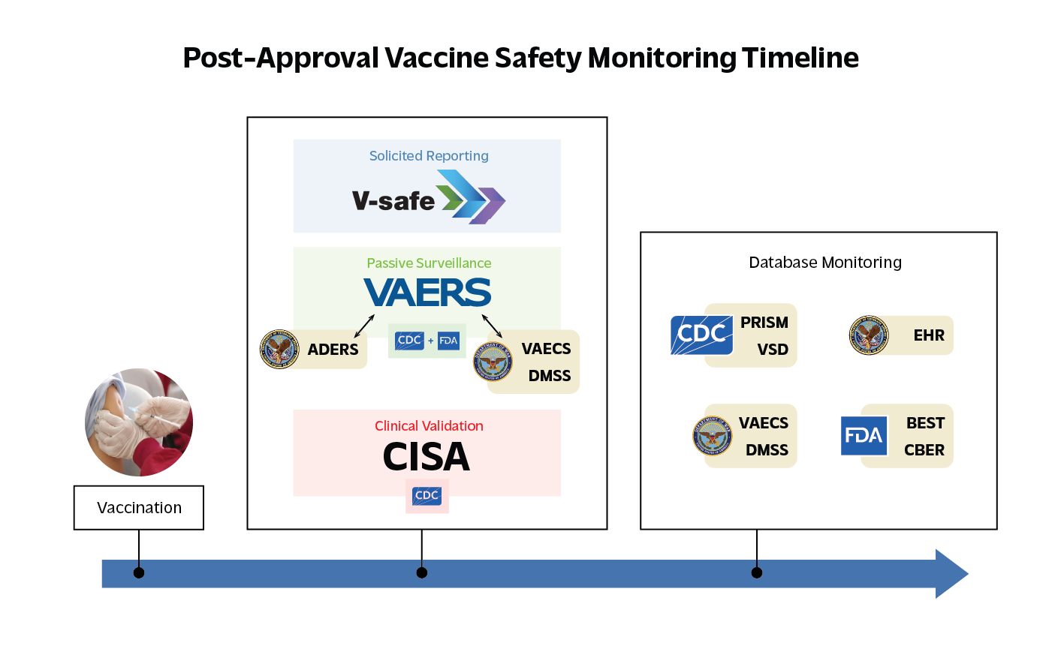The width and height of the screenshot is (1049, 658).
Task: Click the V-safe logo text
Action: (x=393, y=201)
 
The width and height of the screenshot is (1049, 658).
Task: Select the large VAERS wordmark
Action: (x=427, y=293)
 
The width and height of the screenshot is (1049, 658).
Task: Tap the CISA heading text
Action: (x=427, y=457)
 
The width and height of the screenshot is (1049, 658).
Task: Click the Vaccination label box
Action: (x=139, y=508)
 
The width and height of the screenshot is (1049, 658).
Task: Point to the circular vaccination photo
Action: (x=139, y=422)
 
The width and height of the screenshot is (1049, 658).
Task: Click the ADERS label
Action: (x=333, y=350)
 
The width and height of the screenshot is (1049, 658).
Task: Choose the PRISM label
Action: (x=764, y=323)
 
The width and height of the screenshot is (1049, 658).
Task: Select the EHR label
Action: (x=929, y=335)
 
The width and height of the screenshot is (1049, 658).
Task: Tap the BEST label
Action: (x=925, y=423)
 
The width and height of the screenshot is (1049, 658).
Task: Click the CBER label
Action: (x=924, y=450)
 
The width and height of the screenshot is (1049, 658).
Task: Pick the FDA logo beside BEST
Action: (x=864, y=436)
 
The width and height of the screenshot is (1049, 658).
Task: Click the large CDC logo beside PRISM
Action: (x=701, y=335)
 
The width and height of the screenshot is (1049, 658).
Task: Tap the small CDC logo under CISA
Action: (x=427, y=495)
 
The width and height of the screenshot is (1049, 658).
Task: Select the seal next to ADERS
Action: (x=279, y=349)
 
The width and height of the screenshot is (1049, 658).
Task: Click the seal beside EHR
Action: (x=869, y=335)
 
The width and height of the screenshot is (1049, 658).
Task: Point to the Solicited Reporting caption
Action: (x=429, y=156)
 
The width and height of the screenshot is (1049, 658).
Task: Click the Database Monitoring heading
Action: (x=825, y=263)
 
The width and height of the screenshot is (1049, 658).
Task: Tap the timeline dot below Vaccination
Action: (x=139, y=573)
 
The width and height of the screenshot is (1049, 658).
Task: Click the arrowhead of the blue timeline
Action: (x=951, y=574)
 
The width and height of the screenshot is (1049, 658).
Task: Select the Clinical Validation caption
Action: (x=429, y=426)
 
